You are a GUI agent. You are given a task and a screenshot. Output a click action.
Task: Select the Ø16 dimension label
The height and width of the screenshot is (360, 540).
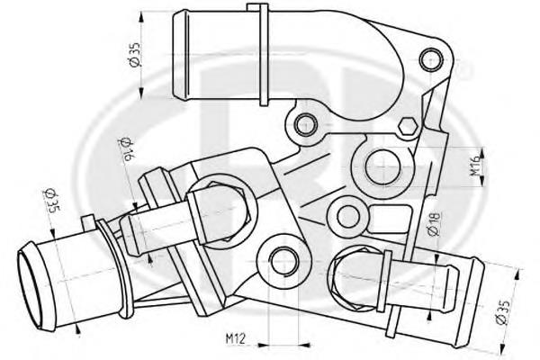point(125,149)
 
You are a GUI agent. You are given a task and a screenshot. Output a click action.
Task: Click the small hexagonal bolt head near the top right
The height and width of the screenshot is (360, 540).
point(407,126)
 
